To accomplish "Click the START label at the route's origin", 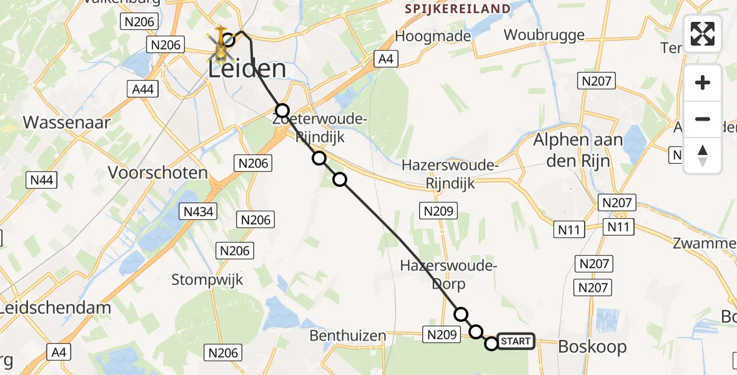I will point(516,341).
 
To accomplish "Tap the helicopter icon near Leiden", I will point(220,44).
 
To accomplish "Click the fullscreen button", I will point(703,34).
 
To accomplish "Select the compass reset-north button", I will point(703,156).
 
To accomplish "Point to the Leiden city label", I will point(247,68).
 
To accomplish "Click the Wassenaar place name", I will point(67,122).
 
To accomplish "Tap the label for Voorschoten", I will point(157,172).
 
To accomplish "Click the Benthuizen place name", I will point(348,336).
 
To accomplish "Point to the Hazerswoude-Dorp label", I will point(448,275).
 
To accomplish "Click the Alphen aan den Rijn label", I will point(578,150).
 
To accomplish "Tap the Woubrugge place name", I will point(544,35).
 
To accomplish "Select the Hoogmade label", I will point(433,36).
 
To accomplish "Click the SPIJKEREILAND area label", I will point(457,9).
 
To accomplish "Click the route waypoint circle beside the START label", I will point(492,343).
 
